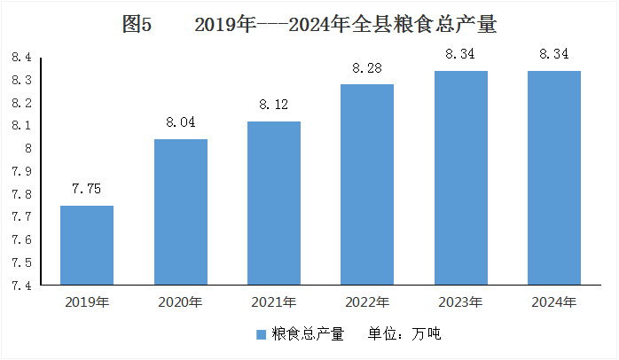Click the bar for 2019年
coord(87,245)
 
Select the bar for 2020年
coord(181,212)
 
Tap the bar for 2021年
coord(274,203)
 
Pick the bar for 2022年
coord(367,184)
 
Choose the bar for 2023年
coord(461,177)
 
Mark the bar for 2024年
coord(554,177)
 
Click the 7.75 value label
coord(86,189)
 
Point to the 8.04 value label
coord(180,122)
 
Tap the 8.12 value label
coord(273,105)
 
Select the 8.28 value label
coord(367,68)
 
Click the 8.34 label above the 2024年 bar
coord(554,54)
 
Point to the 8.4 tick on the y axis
coord(21,58)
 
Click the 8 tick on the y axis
coord(28,148)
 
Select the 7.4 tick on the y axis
coord(21,286)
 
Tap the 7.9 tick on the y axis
coord(21,171)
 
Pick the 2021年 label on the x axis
coord(273,302)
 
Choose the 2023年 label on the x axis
coord(460,302)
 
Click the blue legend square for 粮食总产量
coord(261,335)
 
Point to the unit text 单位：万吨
coord(404,334)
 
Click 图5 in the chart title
coord(137,24)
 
